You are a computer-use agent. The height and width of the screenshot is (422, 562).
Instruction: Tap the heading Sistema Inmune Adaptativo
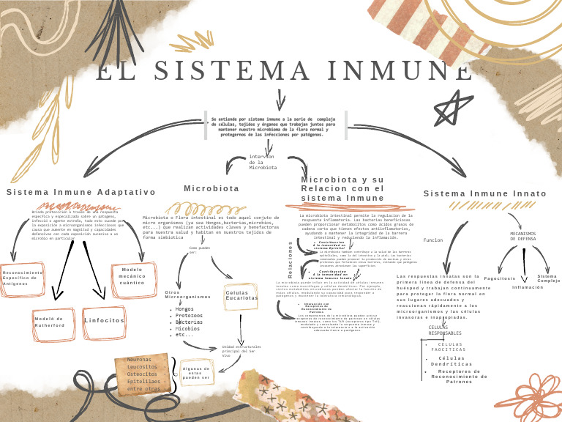[81, 192]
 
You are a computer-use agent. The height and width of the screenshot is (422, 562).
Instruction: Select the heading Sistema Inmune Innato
[485, 193]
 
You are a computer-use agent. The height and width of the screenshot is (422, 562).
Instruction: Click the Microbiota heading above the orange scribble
[211, 188]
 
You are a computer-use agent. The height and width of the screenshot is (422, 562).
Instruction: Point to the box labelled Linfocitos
[104, 321]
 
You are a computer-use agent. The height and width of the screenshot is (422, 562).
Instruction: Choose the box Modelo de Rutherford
[50, 322]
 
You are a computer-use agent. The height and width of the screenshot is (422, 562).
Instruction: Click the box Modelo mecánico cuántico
[132, 276]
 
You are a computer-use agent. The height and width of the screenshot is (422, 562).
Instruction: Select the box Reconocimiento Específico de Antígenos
[23, 278]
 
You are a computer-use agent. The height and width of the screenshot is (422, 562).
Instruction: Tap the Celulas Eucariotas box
[241, 295]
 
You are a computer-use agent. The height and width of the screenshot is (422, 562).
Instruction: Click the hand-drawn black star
[455, 108]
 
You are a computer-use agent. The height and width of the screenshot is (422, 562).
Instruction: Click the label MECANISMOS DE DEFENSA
[522, 236]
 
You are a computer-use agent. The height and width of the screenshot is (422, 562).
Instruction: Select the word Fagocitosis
[500, 278]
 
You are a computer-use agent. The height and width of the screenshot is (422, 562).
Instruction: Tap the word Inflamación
[528, 288]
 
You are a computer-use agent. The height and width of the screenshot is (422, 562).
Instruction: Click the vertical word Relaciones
[290, 260]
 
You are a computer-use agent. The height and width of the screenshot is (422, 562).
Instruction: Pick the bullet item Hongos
[184, 309]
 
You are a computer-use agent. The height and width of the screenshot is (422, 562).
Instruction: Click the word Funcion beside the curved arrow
[433, 240]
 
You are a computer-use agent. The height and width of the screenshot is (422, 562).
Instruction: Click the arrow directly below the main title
[280, 100]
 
